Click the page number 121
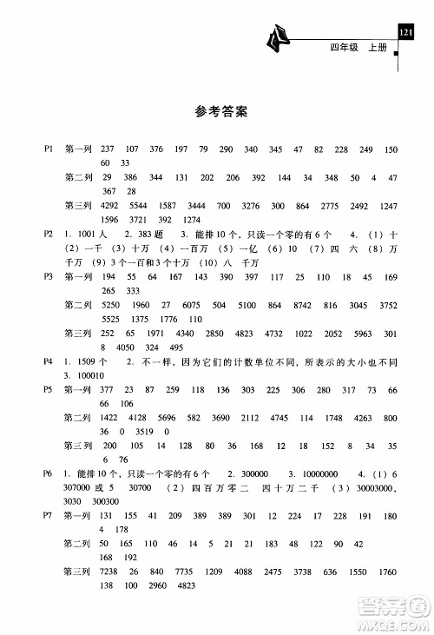click(x=404, y=33)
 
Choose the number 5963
click(x=364, y=334)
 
